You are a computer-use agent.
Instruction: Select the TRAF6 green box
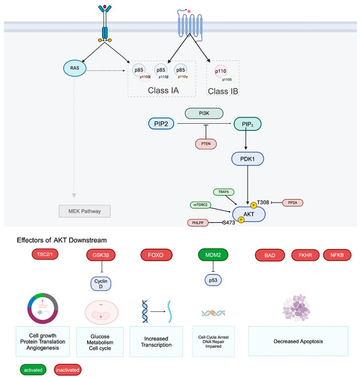click(225, 192)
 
